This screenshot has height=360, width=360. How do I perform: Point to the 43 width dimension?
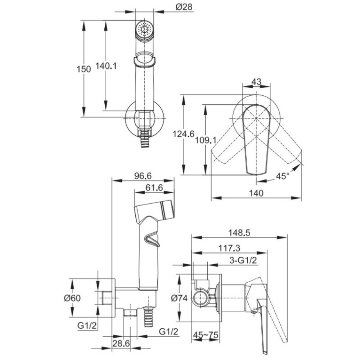tap(256, 82)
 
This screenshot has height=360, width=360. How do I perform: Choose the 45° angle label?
tap(283, 176)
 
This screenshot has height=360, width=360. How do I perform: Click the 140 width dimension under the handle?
tap(256, 193)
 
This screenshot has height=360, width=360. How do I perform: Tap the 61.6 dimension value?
tap(154, 188)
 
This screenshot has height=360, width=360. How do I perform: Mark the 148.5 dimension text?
tap(239, 233)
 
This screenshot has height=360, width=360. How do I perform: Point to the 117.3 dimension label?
tap(229, 248)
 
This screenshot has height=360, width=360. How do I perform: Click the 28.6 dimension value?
tap(121, 344)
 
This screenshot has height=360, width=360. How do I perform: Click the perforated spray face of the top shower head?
tap(145, 28)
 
